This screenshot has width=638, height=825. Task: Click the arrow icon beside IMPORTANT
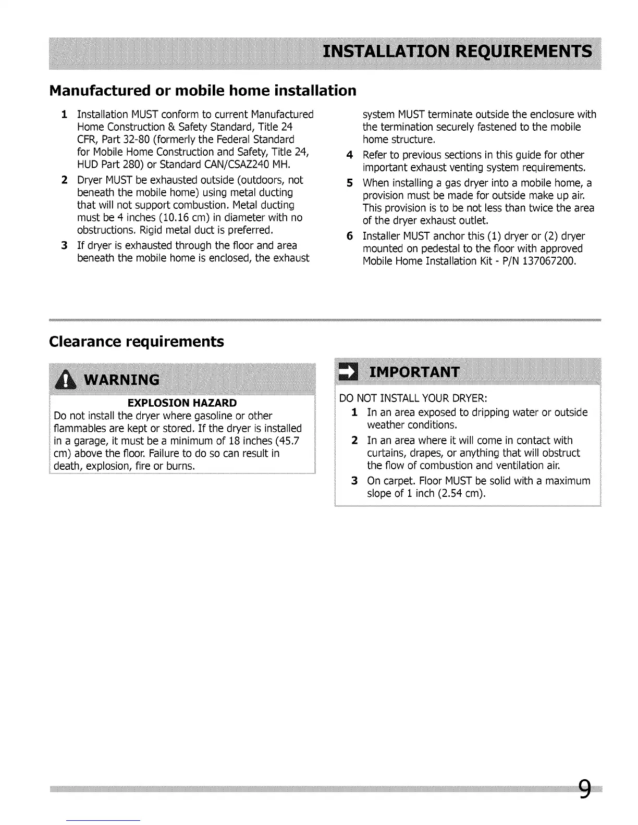click(347, 372)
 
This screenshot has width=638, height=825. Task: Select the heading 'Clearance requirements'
click(136, 342)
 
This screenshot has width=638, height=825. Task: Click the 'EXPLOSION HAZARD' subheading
click(182, 403)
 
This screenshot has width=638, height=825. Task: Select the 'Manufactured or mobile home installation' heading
click(202, 91)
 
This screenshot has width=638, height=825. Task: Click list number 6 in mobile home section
click(350, 236)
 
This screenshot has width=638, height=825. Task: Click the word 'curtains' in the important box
click(386, 453)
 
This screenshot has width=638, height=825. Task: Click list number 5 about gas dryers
click(350, 183)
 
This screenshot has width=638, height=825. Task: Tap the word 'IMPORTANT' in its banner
click(414, 372)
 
